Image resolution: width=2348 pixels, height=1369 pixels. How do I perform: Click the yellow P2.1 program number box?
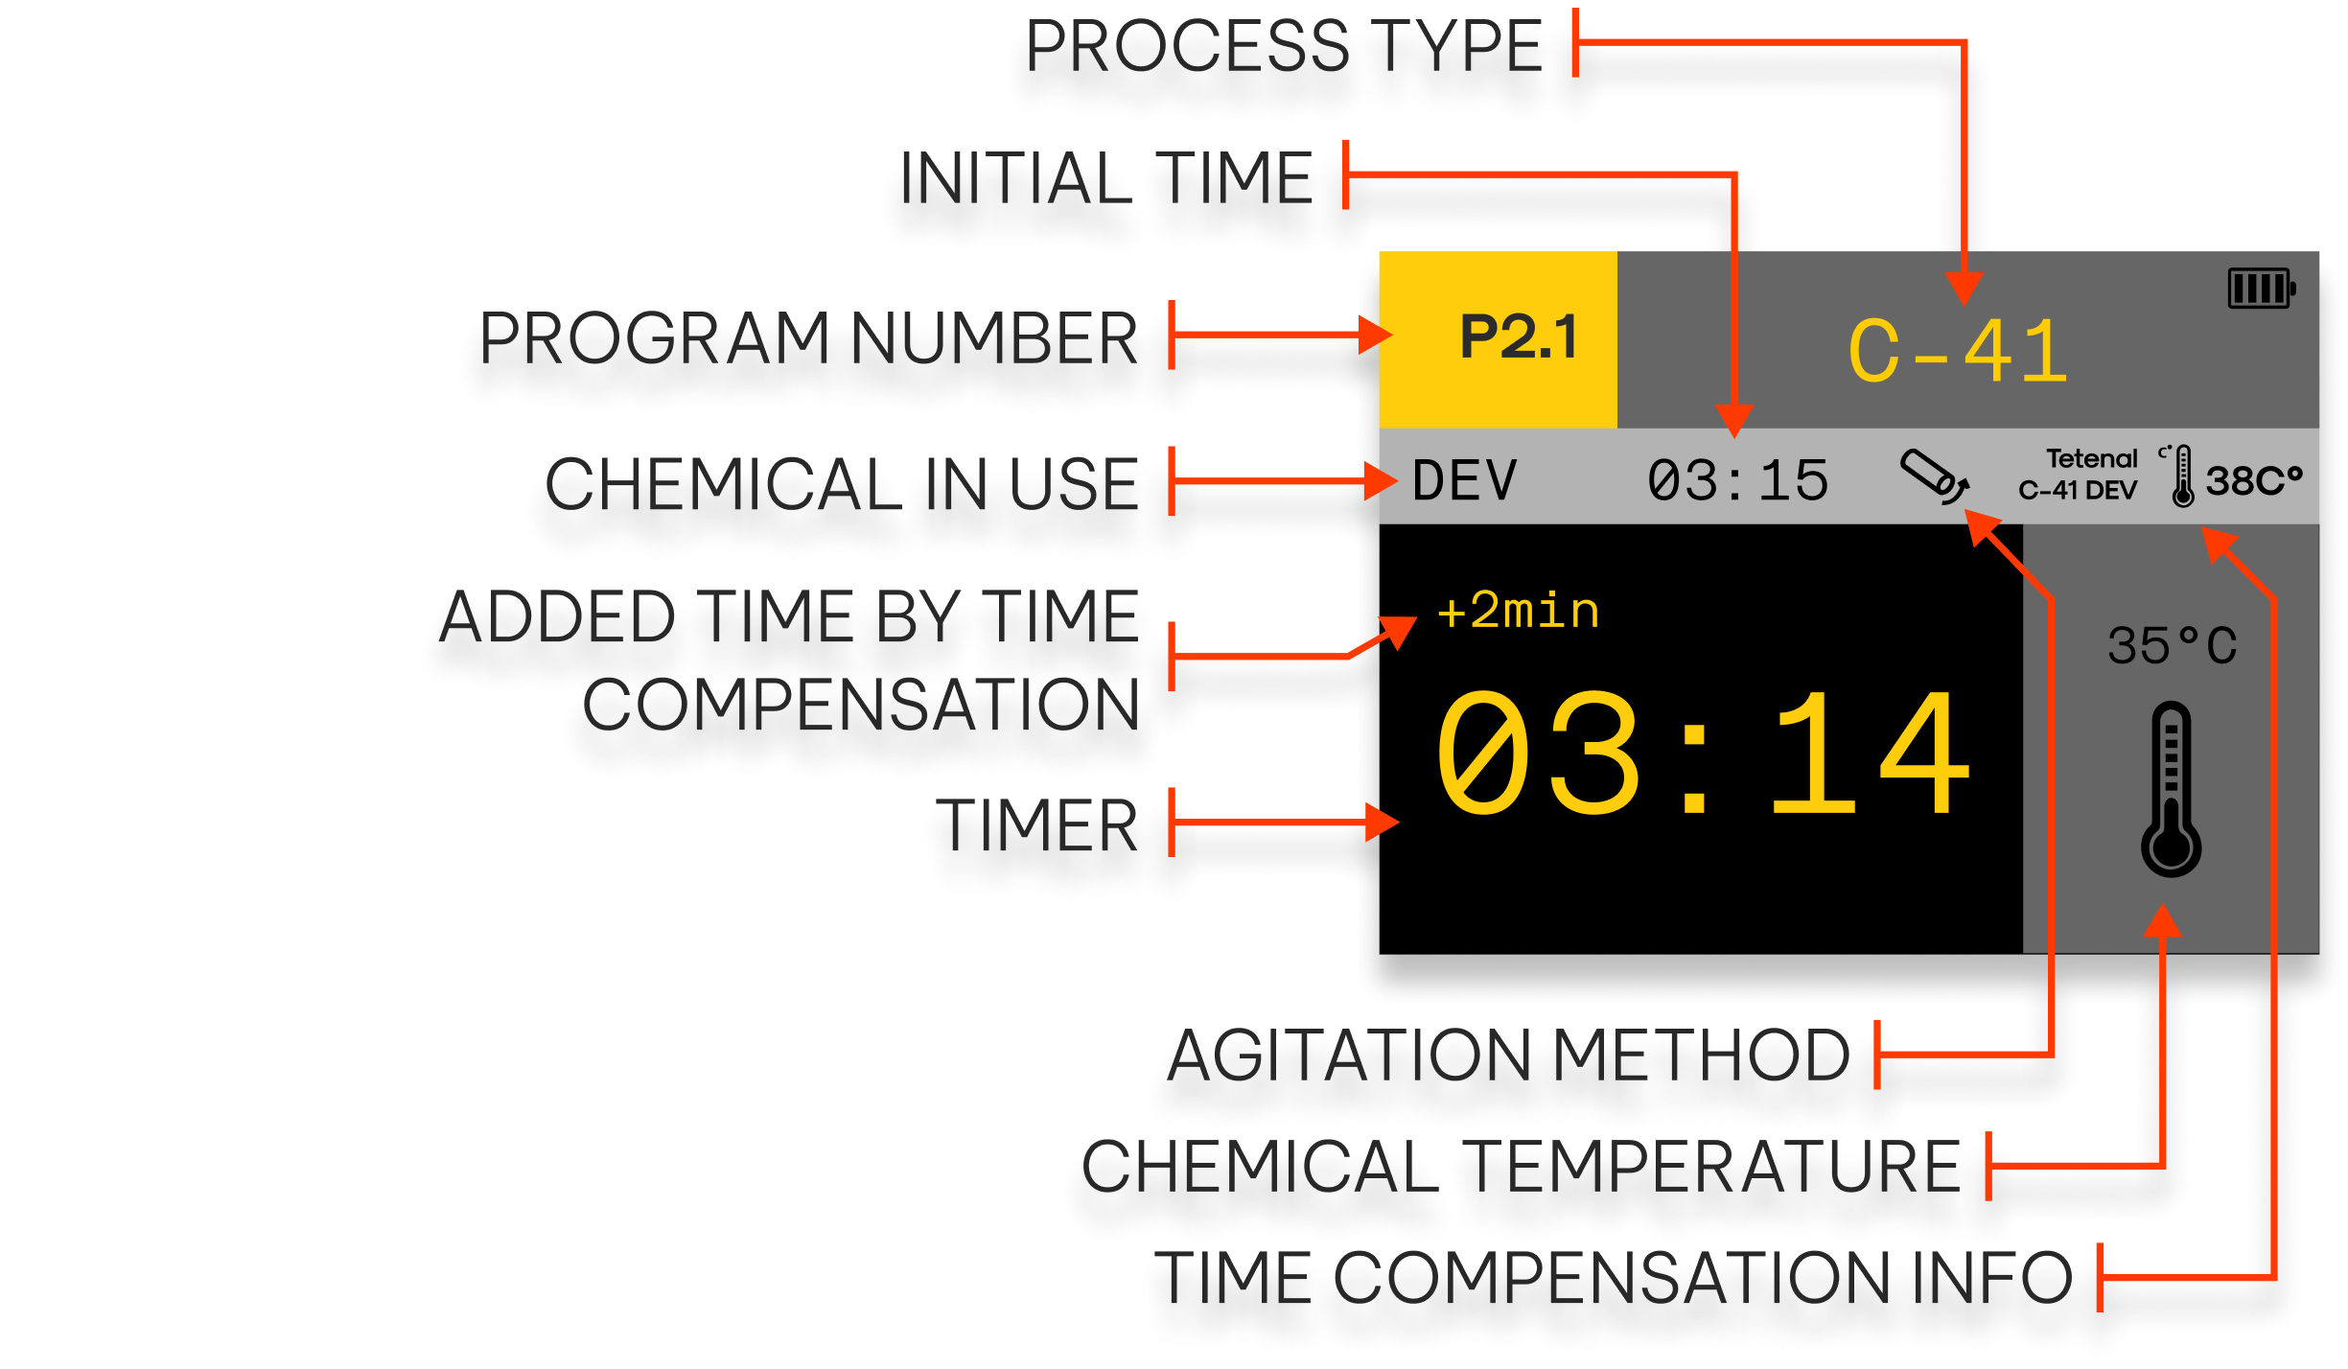click(x=1498, y=338)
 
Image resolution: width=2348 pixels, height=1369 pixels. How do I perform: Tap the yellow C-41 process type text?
click(x=1957, y=353)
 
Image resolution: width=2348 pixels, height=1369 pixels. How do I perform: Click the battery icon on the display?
click(x=2261, y=288)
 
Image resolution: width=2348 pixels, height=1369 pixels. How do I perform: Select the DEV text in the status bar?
click(x=1464, y=480)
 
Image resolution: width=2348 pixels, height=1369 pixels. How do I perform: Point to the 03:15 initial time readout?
click(x=1737, y=480)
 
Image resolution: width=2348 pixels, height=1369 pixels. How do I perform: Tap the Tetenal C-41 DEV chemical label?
click(x=2079, y=475)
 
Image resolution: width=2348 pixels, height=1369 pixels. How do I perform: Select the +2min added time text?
click(x=1519, y=612)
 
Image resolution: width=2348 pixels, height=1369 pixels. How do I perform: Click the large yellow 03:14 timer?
click(x=1702, y=755)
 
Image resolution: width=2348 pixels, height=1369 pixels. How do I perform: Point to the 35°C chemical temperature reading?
click(x=2172, y=646)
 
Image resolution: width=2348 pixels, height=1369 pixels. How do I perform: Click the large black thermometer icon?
click(x=2172, y=789)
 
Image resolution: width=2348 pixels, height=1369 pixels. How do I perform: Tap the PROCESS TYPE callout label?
click(x=1284, y=50)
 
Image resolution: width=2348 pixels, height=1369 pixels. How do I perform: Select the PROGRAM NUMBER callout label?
click(x=808, y=340)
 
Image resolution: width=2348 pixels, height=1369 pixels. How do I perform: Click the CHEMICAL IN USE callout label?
click(x=844, y=487)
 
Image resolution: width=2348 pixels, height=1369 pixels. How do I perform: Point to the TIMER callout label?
click(x=1040, y=827)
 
